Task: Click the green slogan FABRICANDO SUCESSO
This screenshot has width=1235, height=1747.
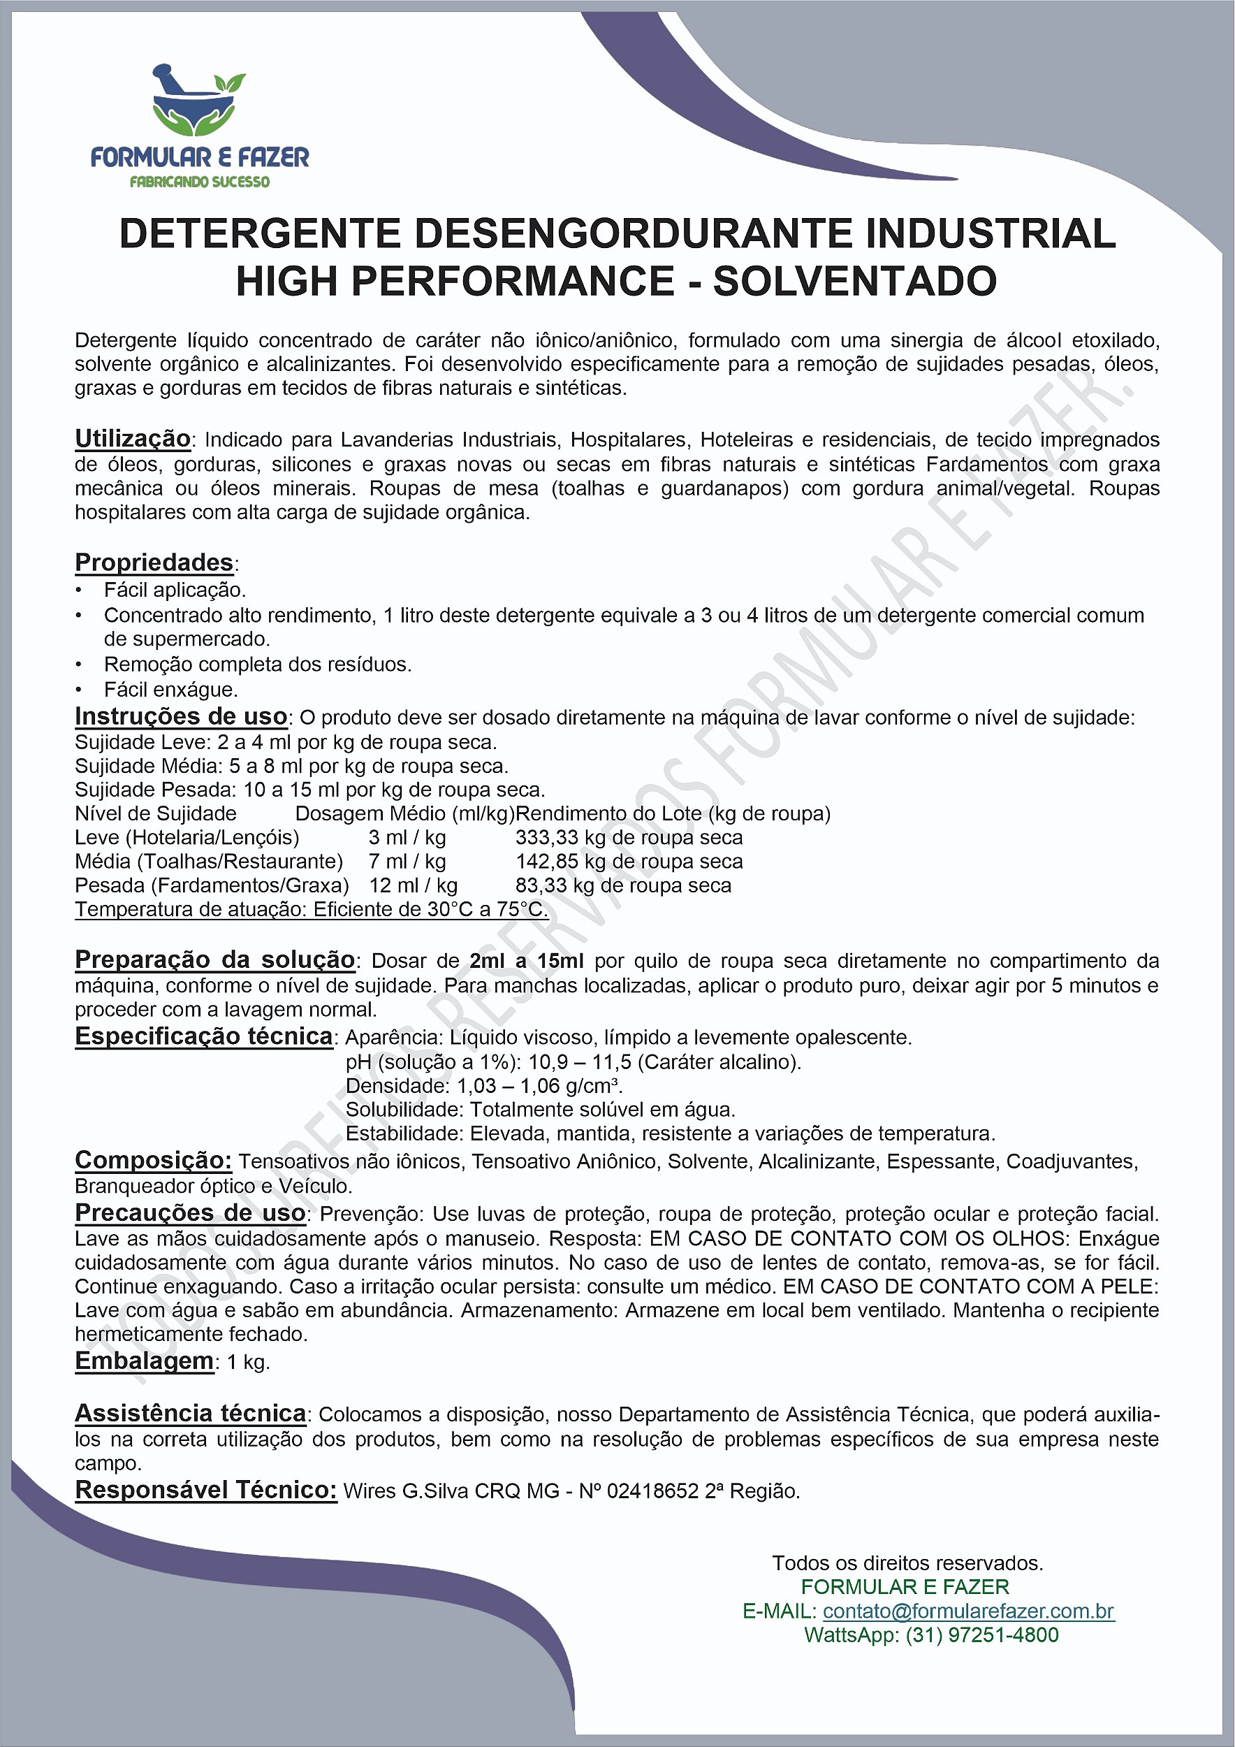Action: [x=199, y=182]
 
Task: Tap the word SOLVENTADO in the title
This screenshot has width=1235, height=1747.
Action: [x=854, y=282]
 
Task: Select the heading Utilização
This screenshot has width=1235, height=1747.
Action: [x=132, y=438]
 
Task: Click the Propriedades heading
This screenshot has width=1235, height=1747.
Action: [x=154, y=563]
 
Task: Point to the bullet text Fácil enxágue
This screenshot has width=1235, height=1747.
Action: [x=171, y=689]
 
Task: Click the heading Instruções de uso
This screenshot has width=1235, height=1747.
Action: [x=181, y=716]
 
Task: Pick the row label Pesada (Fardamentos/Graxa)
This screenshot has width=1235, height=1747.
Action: [x=212, y=885]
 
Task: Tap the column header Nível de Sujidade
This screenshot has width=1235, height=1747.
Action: [x=155, y=813]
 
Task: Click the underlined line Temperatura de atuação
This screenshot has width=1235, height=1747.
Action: [x=311, y=909]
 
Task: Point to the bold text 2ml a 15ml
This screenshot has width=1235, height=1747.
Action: [x=526, y=961]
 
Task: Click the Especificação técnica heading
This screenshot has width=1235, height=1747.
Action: [x=204, y=1036]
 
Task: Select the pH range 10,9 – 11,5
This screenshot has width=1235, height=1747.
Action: [x=580, y=1061]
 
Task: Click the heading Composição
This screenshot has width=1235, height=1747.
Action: [x=153, y=1159]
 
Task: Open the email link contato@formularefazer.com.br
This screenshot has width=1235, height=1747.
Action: [x=968, y=1611]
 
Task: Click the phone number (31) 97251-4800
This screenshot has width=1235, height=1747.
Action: [x=981, y=1635]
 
